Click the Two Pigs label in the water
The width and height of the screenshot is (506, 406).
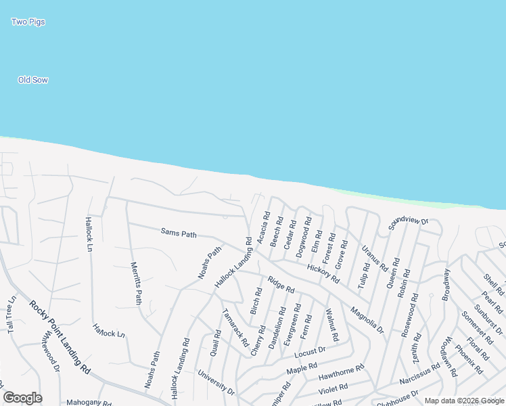(x=28, y=22)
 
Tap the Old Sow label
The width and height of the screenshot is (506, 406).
(x=32, y=81)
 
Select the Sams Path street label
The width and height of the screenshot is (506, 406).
(x=179, y=234)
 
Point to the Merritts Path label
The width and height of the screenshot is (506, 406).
(x=135, y=282)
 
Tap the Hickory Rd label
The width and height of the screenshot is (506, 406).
(x=322, y=273)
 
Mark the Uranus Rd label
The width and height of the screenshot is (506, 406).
(x=373, y=258)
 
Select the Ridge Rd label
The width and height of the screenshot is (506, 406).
(x=281, y=284)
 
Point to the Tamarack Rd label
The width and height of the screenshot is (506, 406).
(x=235, y=328)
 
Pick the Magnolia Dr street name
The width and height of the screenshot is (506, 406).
(x=367, y=320)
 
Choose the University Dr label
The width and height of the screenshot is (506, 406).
(x=216, y=382)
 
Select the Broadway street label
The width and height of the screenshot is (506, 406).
(x=445, y=284)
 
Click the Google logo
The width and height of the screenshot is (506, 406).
(x=22, y=398)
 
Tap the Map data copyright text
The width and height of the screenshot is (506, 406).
(x=463, y=401)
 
